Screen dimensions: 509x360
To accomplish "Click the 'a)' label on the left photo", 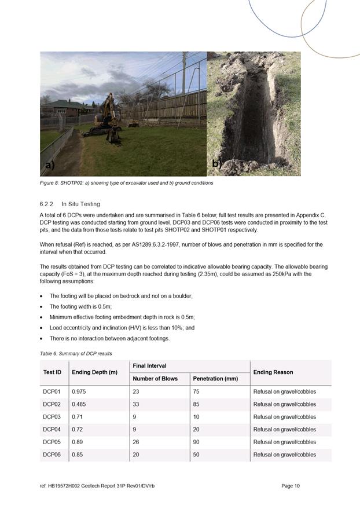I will (50, 165).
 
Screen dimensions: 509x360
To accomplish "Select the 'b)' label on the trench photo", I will (216, 164).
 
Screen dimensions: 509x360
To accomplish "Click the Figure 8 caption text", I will (127, 183).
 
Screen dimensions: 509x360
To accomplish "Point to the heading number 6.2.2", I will (47, 204).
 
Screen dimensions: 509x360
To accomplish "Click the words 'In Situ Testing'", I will (80, 204).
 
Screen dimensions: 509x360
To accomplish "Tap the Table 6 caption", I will (76, 353).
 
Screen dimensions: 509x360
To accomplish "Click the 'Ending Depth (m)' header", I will (94, 372).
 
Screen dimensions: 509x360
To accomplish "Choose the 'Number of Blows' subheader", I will (155, 379).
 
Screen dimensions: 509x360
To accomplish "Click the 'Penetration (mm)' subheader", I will (215, 379).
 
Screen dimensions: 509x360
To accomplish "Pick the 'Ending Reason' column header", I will (273, 372).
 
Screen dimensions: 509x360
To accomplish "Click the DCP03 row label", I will (52, 417).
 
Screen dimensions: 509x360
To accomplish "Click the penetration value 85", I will (196, 404).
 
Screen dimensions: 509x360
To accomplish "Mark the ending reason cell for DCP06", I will (284, 455).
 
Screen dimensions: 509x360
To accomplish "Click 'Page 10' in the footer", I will (291, 486).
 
